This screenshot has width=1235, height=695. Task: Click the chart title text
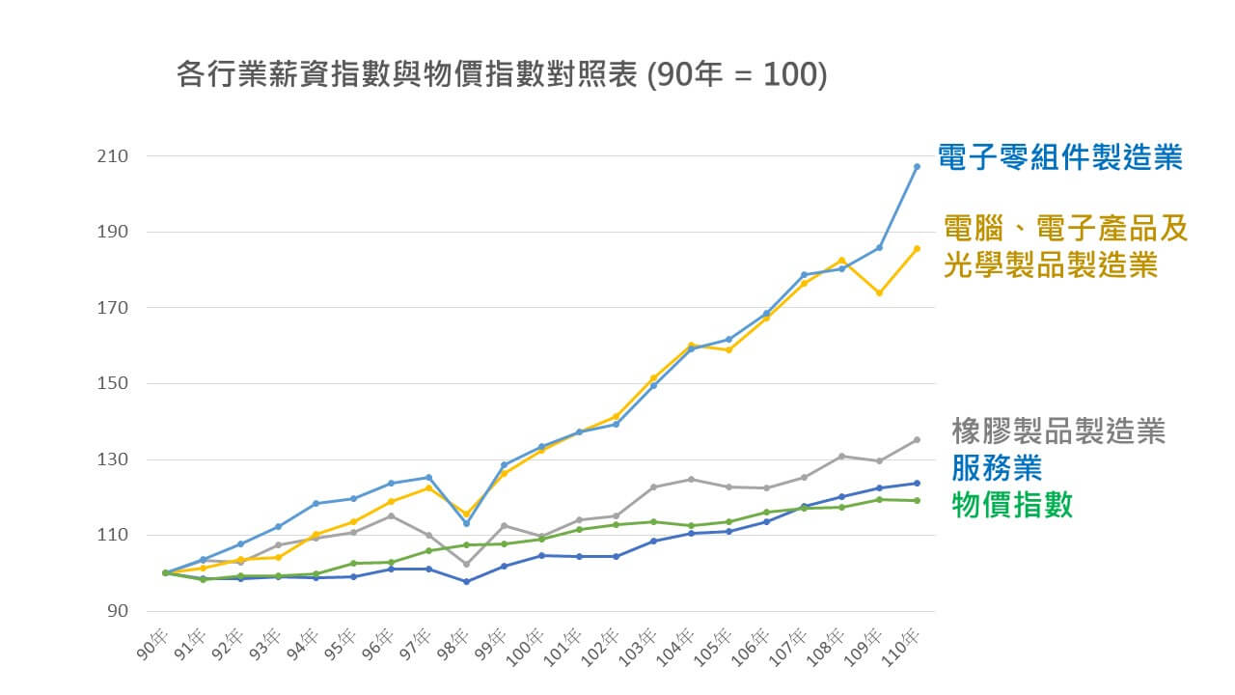tap(502, 75)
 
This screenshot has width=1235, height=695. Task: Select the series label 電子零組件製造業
tap(1060, 157)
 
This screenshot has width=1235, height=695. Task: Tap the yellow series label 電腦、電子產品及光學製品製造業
tap(1064, 247)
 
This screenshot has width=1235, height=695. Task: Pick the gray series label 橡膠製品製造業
tap(1058, 431)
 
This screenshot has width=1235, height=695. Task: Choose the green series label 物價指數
tap(1012, 504)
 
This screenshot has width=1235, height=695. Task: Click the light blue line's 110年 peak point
tap(916, 167)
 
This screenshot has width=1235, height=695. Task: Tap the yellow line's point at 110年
tap(916, 248)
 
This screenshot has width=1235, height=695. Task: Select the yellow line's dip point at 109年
tap(878, 292)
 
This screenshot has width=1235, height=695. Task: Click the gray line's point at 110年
tap(916, 440)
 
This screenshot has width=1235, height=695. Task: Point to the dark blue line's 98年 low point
tap(466, 581)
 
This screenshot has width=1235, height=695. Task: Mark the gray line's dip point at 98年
tap(466, 565)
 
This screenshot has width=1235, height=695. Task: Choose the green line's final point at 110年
tap(916, 500)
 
